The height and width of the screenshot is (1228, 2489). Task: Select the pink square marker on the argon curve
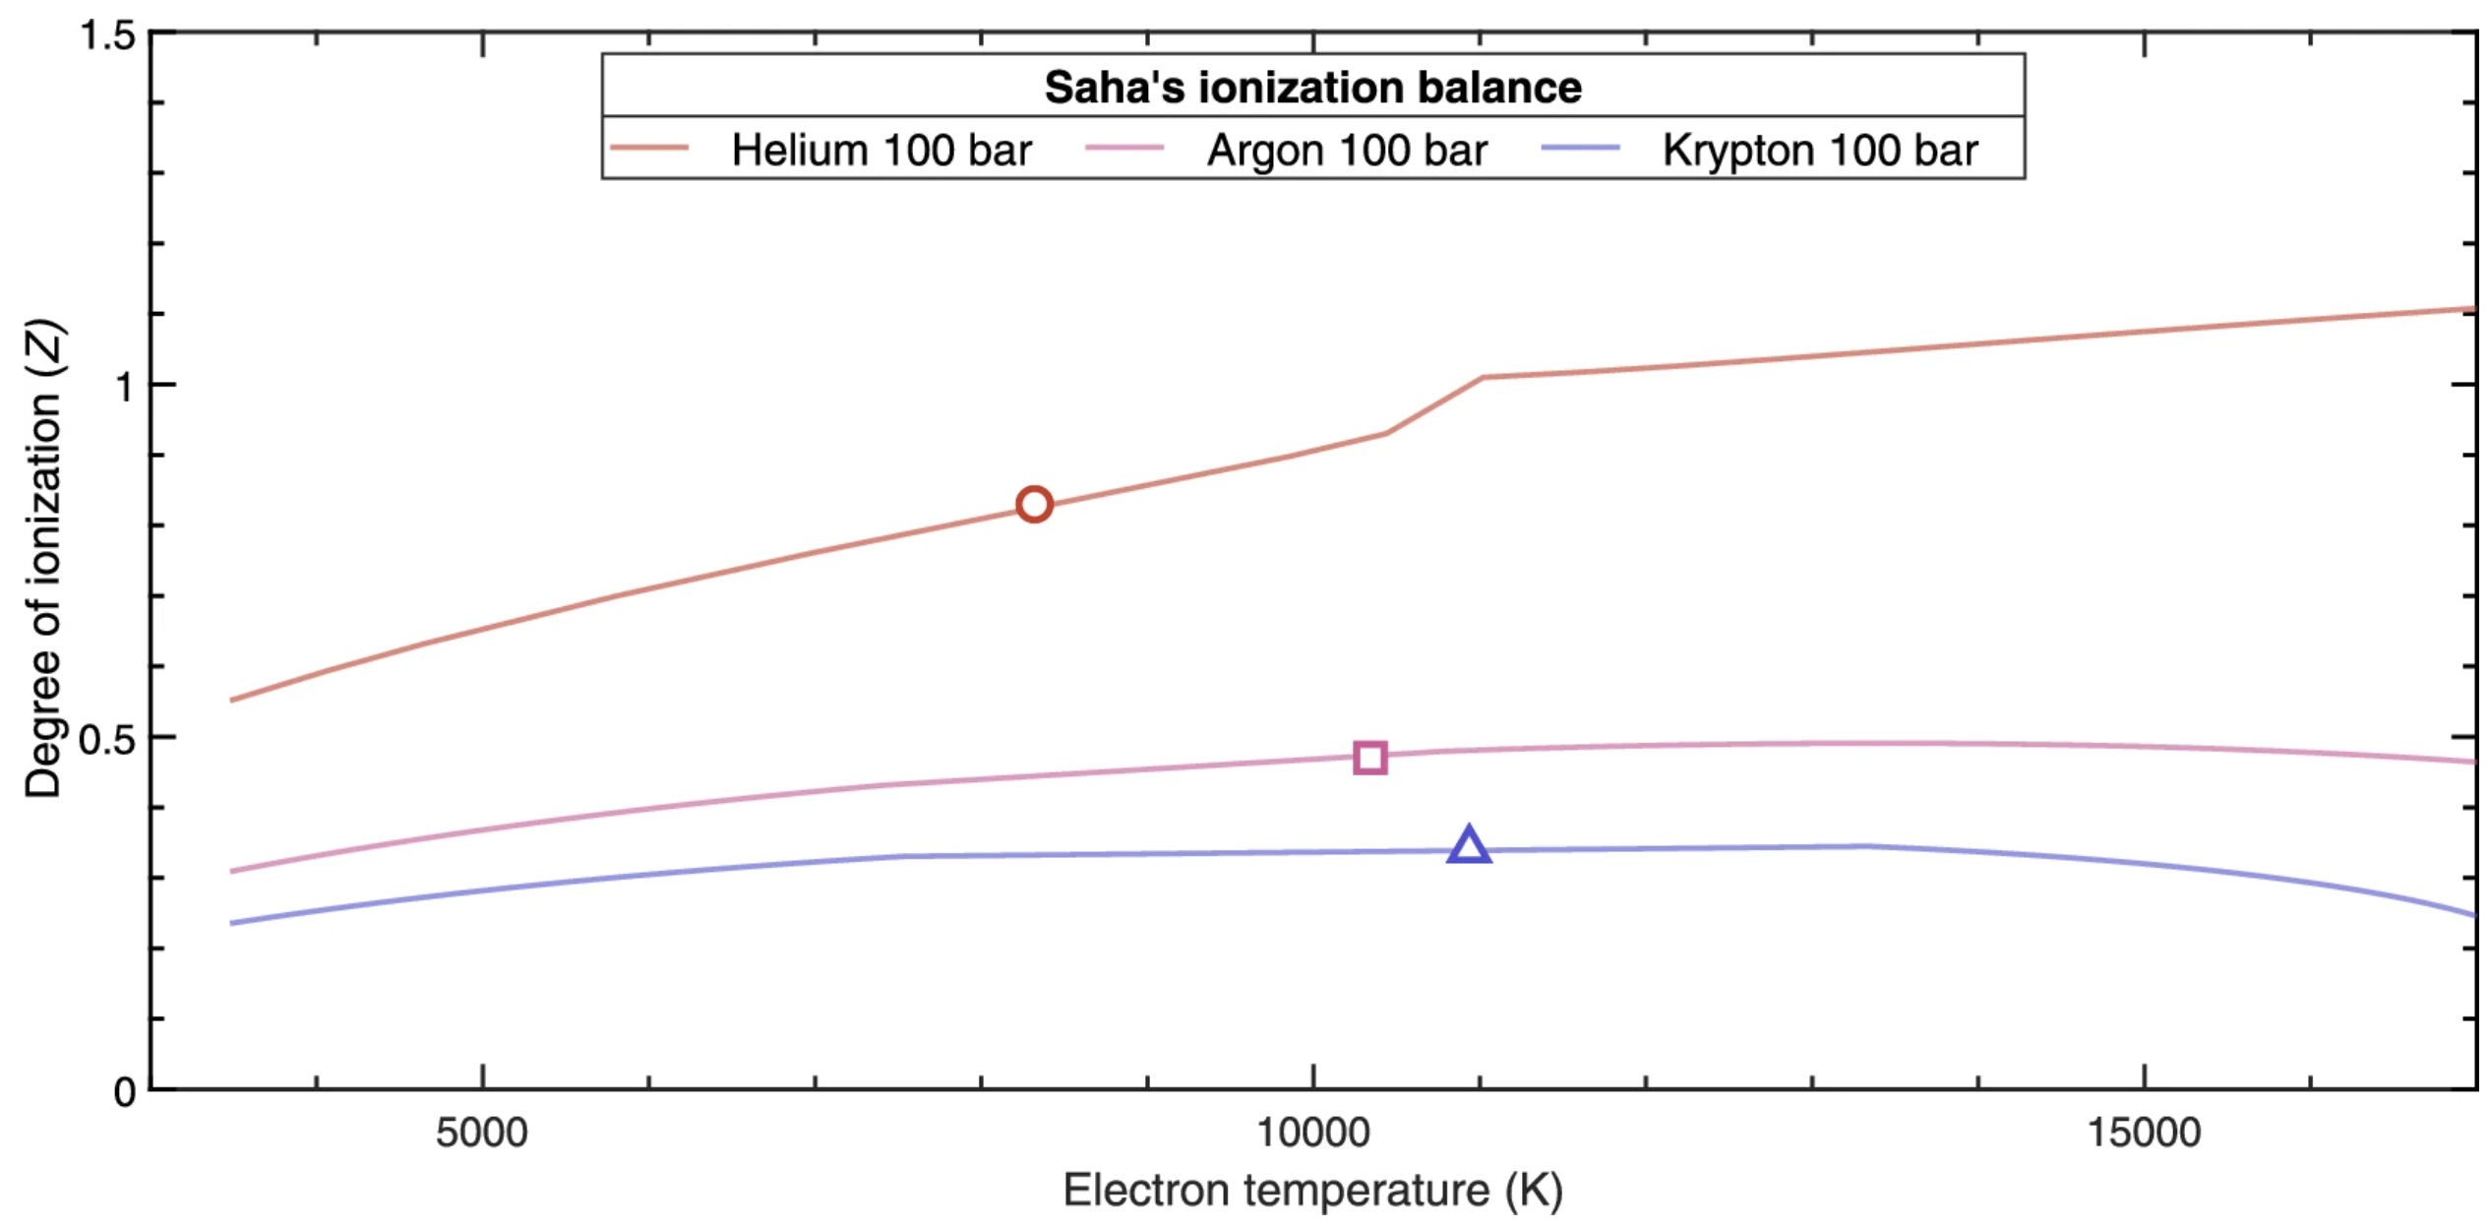pyautogui.click(x=1370, y=758)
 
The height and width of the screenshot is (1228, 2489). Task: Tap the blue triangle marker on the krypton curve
pyautogui.click(x=1469, y=846)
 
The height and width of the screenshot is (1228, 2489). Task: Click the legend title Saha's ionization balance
pyautogui.click(x=1313, y=88)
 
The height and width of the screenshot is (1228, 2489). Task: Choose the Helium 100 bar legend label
pyautogui.click(x=881, y=151)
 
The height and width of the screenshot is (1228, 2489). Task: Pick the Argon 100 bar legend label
pyautogui.click(x=1347, y=151)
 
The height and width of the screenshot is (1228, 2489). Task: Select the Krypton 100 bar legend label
pyautogui.click(x=1820, y=151)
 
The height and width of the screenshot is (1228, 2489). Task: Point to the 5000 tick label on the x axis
pyautogui.click(x=482, y=1134)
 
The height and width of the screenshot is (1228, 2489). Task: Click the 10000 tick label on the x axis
pyautogui.click(x=1313, y=1134)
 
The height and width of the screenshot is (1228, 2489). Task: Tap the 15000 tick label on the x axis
pyautogui.click(x=2145, y=1134)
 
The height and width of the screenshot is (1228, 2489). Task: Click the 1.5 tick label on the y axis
pyautogui.click(x=107, y=35)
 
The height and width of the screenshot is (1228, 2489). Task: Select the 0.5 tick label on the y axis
pyautogui.click(x=107, y=739)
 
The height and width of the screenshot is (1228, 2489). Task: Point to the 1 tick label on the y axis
pyautogui.click(x=124, y=387)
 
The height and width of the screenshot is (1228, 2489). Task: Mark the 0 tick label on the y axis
pyautogui.click(x=125, y=1091)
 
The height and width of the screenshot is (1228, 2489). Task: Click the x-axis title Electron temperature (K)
pyautogui.click(x=1313, y=1191)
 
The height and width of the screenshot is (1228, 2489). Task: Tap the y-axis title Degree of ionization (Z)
pyautogui.click(x=43, y=558)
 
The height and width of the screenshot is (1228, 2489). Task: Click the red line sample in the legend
pyautogui.click(x=648, y=149)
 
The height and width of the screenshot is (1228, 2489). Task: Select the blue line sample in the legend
pyautogui.click(x=1580, y=149)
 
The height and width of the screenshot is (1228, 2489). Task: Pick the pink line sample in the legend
pyautogui.click(x=1124, y=149)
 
